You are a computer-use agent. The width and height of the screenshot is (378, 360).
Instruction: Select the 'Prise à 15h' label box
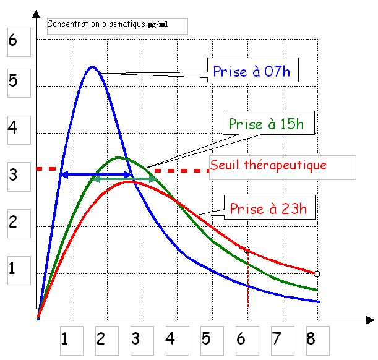coord(271,123)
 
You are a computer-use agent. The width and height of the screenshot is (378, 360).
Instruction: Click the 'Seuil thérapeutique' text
coord(267,166)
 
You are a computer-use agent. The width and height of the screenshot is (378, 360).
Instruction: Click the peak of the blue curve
coord(92,66)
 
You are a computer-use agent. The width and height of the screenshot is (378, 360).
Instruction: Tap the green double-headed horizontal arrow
coord(123,179)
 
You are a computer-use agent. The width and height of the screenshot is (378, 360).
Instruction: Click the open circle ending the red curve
coord(317,273)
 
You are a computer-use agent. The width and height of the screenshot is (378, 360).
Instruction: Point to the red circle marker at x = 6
coord(247,250)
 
